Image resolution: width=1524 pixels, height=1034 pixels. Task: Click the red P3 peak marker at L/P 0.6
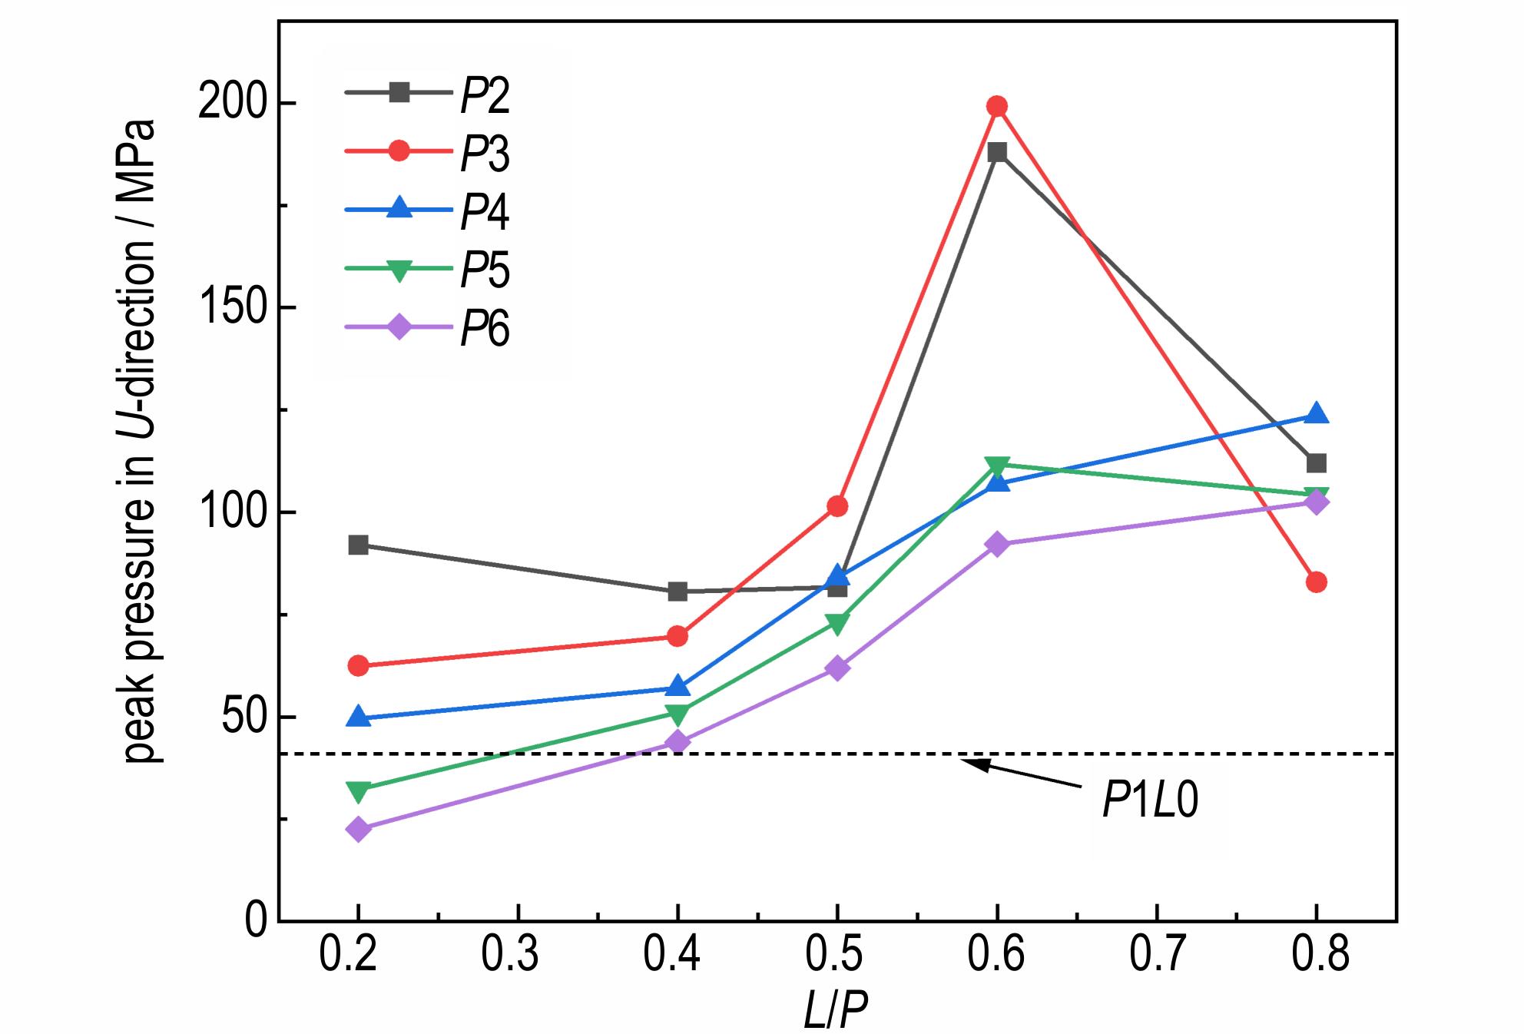pyautogui.click(x=997, y=106)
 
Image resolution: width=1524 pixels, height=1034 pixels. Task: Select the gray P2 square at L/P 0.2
pyautogui.click(x=358, y=545)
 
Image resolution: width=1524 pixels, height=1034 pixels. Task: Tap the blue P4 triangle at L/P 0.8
pyautogui.click(x=1316, y=413)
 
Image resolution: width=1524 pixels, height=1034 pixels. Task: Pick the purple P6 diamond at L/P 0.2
pyautogui.click(x=358, y=829)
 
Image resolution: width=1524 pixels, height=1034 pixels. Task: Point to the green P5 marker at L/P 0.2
pyautogui.click(x=358, y=790)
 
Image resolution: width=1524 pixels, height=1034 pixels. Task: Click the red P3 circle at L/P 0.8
pyautogui.click(x=1316, y=582)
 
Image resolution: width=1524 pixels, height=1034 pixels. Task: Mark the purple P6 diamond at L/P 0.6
pyautogui.click(x=997, y=545)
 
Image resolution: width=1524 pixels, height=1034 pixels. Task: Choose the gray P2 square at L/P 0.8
pyautogui.click(x=1316, y=463)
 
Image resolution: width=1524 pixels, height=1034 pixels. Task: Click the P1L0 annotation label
pyautogui.click(x=1149, y=801)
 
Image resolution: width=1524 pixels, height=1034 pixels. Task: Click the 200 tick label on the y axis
pyautogui.click(x=228, y=104)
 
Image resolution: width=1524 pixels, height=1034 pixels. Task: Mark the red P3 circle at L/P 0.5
pyautogui.click(x=837, y=506)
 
